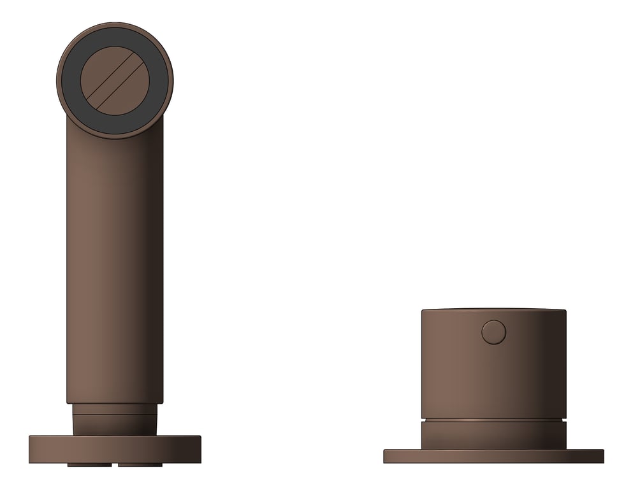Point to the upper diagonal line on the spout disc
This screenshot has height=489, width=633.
(x=108, y=75)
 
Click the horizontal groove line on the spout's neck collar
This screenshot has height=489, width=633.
(x=115, y=415)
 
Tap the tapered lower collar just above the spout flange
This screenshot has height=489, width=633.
(x=115, y=425)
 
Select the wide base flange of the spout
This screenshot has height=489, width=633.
(x=115, y=449)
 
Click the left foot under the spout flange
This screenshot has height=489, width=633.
(x=89, y=465)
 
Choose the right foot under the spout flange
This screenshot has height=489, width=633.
(x=140, y=465)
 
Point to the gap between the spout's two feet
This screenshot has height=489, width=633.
(x=115, y=465)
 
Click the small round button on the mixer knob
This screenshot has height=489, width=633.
(x=493, y=332)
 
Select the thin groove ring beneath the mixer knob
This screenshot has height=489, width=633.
(x=493, y=420)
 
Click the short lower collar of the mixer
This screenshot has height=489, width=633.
(x=493, y=436)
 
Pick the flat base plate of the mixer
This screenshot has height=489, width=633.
(x=493, y=456)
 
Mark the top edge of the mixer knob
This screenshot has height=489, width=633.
(x=493, y=310)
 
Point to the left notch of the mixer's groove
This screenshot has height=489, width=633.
(x=423, y=420)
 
